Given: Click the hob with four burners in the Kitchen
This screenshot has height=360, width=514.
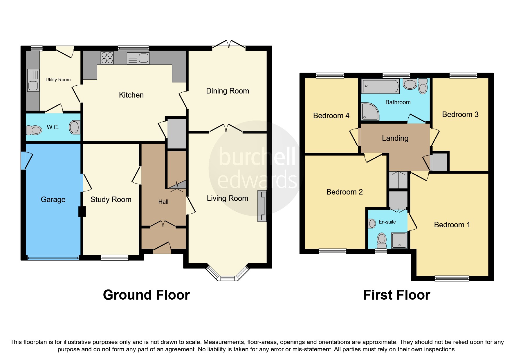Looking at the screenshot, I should tap(107, 57).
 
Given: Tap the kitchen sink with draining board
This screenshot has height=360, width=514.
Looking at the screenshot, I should tap(138, 58).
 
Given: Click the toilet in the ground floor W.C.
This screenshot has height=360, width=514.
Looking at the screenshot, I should tap(34, 130).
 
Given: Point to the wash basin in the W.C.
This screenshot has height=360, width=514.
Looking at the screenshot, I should tap(74, 127).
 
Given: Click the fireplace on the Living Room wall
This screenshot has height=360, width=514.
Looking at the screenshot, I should tap(262, 206).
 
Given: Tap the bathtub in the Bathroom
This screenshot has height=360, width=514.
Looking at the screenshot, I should tap(380, 86).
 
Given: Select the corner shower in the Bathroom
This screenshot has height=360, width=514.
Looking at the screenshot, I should tap(370, 111).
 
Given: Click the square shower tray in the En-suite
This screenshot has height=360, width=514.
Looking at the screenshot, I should tap(399, 240).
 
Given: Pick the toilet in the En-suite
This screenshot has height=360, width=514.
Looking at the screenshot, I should tap(382, 240).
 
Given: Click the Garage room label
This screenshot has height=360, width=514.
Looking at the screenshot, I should tap(53, 199).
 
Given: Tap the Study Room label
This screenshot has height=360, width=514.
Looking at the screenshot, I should tap(111, 199).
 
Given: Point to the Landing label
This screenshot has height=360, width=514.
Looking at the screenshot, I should tap(395, 138).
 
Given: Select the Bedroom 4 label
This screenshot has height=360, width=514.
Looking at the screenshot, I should tap(331, 116).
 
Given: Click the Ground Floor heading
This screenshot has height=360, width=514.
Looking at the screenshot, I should tap(146, 295).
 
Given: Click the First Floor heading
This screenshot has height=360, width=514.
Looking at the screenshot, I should tap(396, 295).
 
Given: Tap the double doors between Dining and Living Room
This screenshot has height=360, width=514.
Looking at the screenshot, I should tap(226, 128).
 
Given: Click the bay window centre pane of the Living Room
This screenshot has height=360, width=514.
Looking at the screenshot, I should tap(228, 278).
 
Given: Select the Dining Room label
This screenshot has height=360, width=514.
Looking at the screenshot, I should tap(228, 91).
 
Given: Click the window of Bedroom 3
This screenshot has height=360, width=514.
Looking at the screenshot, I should tap(463, 75).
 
